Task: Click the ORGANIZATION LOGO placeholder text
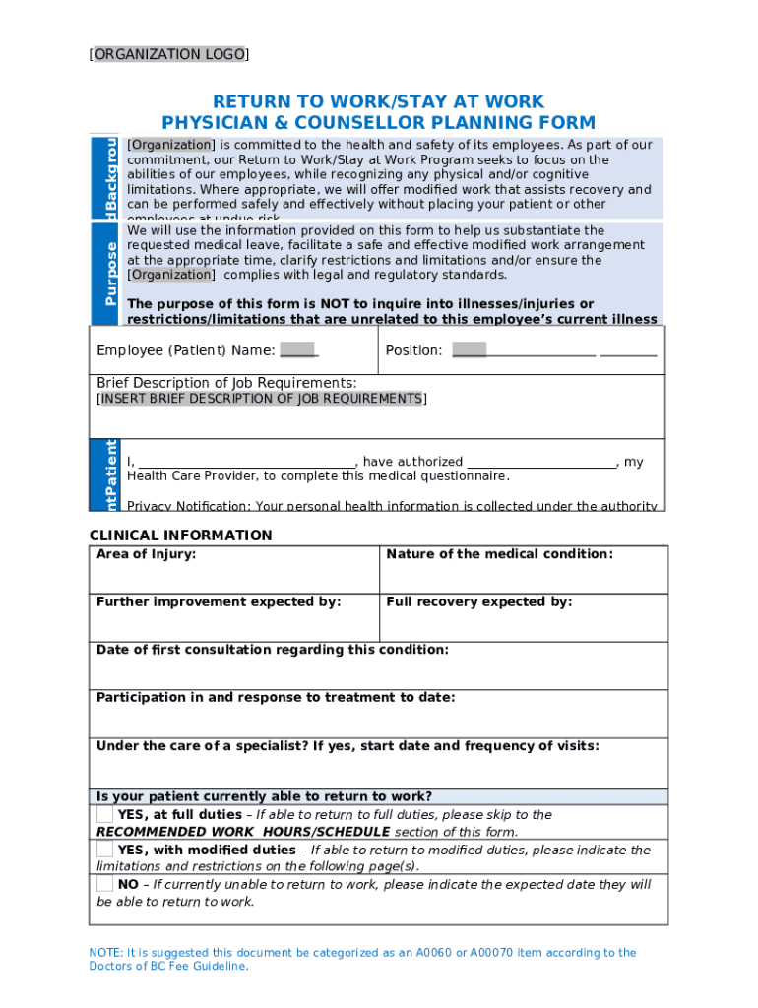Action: (168, 54)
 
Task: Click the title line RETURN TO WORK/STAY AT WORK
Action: (378, 102)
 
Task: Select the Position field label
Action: (413, 350)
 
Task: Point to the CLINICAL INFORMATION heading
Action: (181, 535)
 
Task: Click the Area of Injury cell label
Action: (146, 554)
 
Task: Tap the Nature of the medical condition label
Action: (499, 554)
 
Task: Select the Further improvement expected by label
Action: (219, 601)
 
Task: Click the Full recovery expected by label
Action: (478, 601)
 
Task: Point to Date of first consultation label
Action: (272, 650)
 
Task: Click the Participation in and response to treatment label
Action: (276, 697)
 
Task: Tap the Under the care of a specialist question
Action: (347, 745)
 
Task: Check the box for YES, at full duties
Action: (104, 814)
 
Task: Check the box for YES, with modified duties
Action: (104, 849)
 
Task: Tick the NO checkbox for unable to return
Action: (104, 884)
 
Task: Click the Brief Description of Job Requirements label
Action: (226, 382)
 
